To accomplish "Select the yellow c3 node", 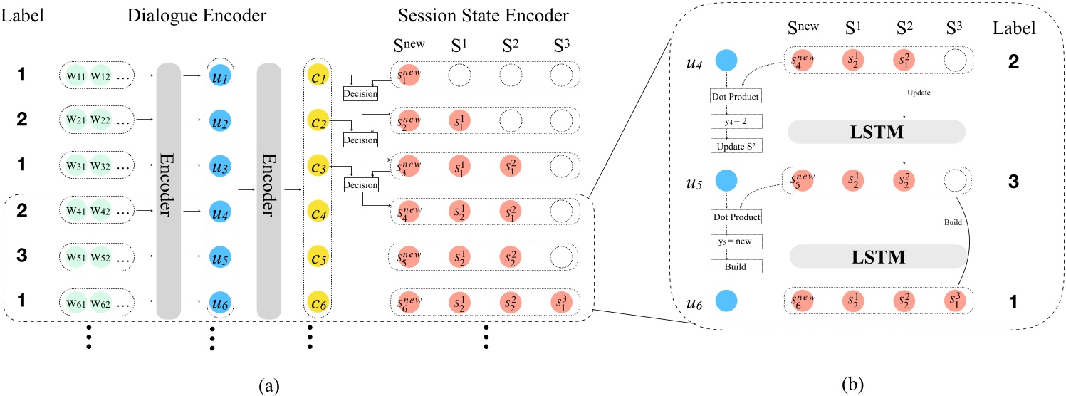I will [317, 167].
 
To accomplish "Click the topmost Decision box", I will [360, 94].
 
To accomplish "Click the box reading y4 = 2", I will [737, 121].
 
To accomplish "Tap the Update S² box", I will [737, 146].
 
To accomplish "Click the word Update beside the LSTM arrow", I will [919, 93].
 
